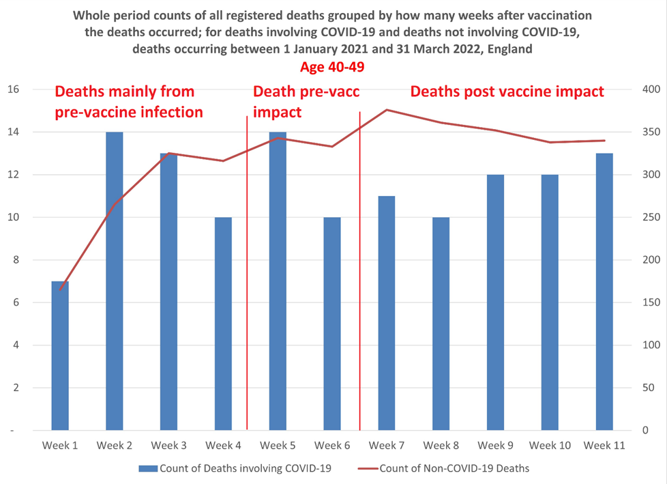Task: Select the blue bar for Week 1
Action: (60, 355)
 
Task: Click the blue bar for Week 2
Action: (115, 281)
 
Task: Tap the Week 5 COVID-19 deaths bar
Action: (278, 281)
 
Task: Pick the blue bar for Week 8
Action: (441, 324)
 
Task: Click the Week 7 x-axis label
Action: (387, 446)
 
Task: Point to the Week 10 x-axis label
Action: (550, 446)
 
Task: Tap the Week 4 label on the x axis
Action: (223, 446)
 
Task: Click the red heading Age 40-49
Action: (333, 68)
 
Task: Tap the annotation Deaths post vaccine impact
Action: (507, 91)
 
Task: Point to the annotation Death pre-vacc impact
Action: (306, 102)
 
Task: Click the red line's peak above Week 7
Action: (387, 109)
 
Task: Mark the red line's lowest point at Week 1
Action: (60, 290)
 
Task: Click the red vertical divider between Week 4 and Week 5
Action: (247, 273)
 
